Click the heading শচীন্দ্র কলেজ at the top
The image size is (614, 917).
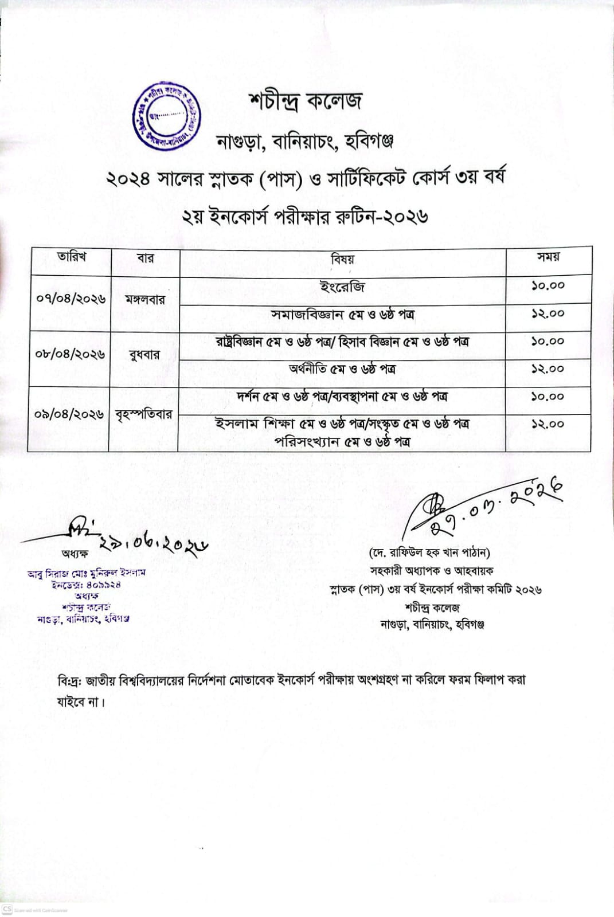[x=306, y=102]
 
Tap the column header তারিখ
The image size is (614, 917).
[x=71, y=257]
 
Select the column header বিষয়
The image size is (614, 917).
[x=342, y=259]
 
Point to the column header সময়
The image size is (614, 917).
[x=548, y=257]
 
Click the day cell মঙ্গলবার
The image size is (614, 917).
[x=145, y=300]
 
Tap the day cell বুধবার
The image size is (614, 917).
[x=144, y=355]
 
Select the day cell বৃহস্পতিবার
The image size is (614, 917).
[x=143, y=414]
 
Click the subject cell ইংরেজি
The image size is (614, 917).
[x=342, y=287]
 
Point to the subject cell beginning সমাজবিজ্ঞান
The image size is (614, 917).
[x=342, y=314]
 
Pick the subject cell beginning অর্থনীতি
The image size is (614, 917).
[x=342, y=369]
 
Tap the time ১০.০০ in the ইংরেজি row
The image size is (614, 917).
[x=547, y=285]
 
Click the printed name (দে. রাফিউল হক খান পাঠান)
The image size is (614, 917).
[x=428, y=553]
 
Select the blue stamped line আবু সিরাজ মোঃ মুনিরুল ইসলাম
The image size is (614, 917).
[x=88, y=573]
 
